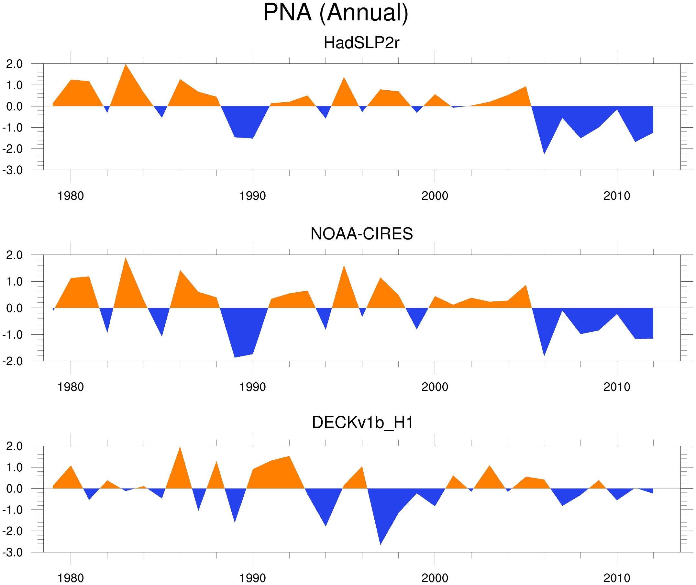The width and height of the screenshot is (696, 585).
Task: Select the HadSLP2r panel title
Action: pyautogui.click(x=361, y=43)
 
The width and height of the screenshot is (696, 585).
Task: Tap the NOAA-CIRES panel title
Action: pyautogui.click(x=361, y=234)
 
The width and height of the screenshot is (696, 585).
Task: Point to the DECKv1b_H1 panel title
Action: pyautogui.click(x=363, y=423)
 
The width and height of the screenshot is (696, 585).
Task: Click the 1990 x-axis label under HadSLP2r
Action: pyautogui.click(x=253, y=196)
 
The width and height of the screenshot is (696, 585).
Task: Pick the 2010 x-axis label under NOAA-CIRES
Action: pyautogui.click(x=616, y=387)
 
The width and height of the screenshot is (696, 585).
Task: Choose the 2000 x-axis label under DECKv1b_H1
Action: pyautogui.click(x=435, y=578)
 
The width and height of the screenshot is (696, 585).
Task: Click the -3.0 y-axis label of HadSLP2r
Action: pyautogui.click(x=13, y=171)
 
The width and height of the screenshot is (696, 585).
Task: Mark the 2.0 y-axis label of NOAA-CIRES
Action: pyautogui.click(x=14, y=255)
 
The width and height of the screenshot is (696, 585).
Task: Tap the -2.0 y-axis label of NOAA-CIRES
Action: pyautogui.click(x=13, y=362)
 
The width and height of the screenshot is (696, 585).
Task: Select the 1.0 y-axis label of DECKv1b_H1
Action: pyautogui.click(x=14, y=467)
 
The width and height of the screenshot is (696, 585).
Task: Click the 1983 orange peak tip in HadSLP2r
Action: pyautogui.click(x=126, y=65)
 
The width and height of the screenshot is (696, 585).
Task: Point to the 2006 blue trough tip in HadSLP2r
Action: pyautogui.click(x=544, y=153)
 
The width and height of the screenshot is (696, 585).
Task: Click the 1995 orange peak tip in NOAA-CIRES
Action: pyautogui.click(x=344, y=266)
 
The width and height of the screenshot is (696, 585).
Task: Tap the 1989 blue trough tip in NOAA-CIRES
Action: pyautogui.click(x=235, y=357)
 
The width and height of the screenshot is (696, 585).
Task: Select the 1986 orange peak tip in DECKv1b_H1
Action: pyautogui.click(x=180, y=447)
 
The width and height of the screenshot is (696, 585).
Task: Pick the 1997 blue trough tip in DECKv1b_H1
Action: pyautogui.click(x=380, y=544)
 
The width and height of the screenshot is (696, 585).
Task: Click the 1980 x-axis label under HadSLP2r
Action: pyautogui.click(x=71, y=196)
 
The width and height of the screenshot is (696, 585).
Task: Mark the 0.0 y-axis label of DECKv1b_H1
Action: pyautogui.click(x=14, y=489)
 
